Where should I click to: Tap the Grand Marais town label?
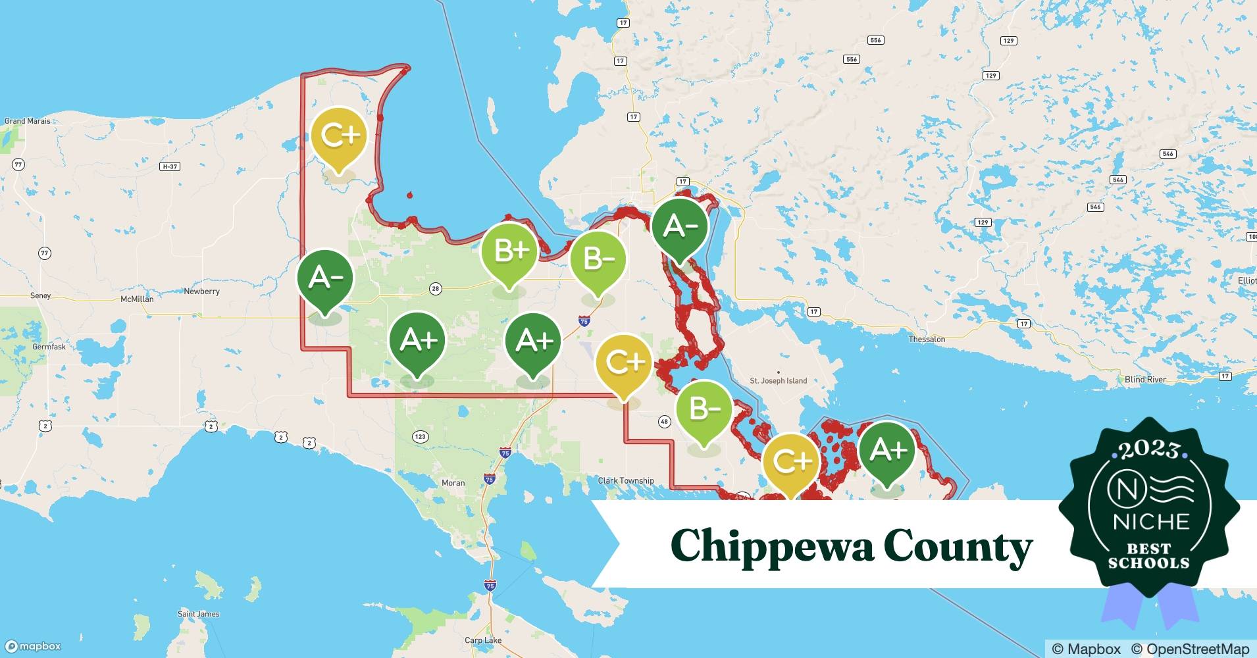(x=28, y=121)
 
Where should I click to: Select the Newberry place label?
(x=201, y=291)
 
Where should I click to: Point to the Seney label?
(x=40, y=296)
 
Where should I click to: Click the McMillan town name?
(x=137, y=299)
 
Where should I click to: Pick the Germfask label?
(x=49, y=347)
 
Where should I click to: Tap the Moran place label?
(x=453, y=483)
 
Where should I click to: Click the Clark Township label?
(x=625, y=481)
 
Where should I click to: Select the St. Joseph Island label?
(x=778, y=381)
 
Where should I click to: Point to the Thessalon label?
(x=927, y=340)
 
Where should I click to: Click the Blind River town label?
(x=1145, y=380)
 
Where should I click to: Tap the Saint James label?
(x=198, y=614)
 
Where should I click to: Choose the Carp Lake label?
(x=483, y=640)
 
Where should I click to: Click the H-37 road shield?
(x=170, y=166)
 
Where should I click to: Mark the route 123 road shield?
(x=420, y=436)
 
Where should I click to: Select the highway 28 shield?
(x=435, y=288)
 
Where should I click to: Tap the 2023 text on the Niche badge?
(x=1149, y=450)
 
